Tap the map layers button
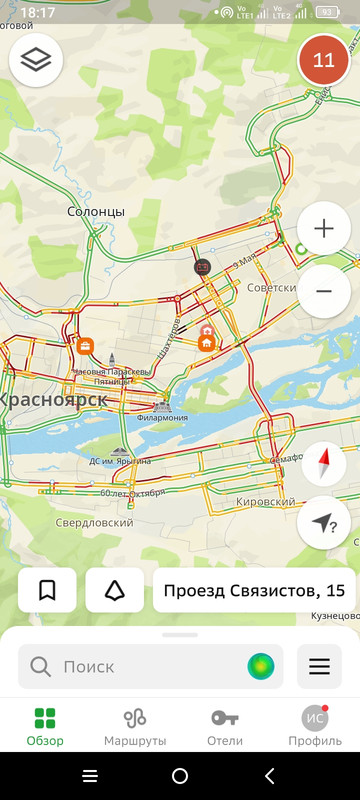point(36,60)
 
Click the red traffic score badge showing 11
point(324,60)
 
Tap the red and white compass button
point(324,465)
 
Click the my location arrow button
point(324,522)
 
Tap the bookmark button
point(47,590)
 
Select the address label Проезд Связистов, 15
point(254,590)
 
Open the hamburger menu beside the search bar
point(319,666)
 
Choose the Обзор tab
point(45,726)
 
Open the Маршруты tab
point(135,726)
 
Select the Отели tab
point(225,726)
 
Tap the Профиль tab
point(315,726)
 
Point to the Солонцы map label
point(96,212)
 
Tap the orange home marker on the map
point(207,343)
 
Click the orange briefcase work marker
point(86,347)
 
